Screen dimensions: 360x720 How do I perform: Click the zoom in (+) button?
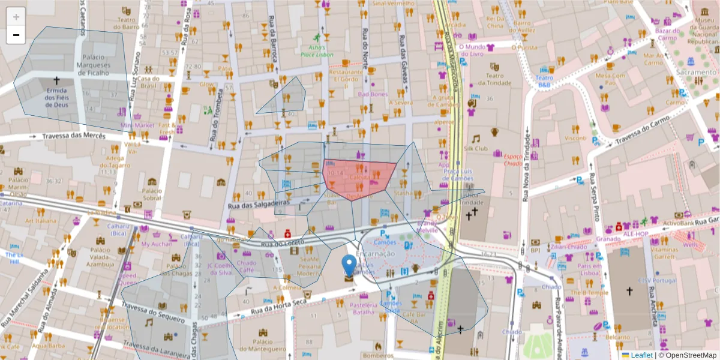(x=16, y=17)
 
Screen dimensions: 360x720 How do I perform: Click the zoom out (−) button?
(x=16, y=35)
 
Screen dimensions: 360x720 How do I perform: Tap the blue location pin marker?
(x=349, y=266)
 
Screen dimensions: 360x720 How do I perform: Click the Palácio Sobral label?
(x=152, y=194)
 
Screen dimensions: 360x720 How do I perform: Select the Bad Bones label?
(x=373, y=94)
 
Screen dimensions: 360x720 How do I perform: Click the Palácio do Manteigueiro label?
(x=262, y=344)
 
